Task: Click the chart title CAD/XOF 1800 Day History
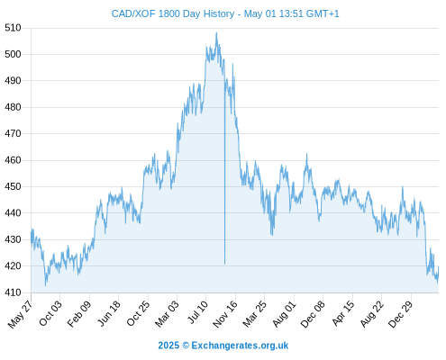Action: [173, 13]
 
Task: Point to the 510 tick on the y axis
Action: [13, 28]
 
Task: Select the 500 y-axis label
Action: [13, 54]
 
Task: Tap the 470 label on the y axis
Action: [13, 133]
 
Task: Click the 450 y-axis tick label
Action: [13, 186]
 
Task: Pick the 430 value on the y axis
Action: [13, 239]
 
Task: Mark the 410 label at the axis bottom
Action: [13, 292]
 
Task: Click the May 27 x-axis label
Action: [21, 314]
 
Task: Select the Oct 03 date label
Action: [50, 313]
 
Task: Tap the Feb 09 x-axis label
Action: [79, 313]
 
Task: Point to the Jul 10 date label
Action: [197, 311]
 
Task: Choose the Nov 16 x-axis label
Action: [225, 314]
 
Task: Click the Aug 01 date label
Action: [284, 313]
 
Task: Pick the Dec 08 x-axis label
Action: [313, 314]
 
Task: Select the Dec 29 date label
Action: [401, 314]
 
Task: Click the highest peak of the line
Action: [216, 32]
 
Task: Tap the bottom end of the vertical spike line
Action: [224, 264]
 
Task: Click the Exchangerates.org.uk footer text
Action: [240, 346]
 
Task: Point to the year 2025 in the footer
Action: [168, 346]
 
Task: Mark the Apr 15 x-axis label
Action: [343, 313]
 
